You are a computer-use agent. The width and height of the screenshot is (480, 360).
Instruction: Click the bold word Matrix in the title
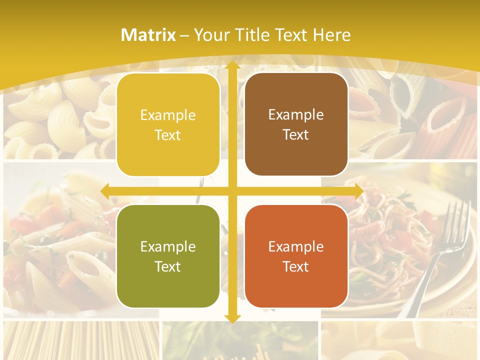click(148, 35)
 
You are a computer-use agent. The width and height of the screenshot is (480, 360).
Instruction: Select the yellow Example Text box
click(168, 125)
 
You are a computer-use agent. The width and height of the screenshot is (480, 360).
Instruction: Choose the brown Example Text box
click(296, 124)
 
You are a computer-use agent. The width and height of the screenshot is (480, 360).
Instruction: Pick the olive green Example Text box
click(168, 256)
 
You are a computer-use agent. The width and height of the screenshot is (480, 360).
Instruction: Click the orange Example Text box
click(296, 256)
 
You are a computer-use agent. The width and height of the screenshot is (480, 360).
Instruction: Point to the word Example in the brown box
click(296, 115)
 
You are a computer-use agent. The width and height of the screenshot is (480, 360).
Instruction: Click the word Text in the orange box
click(296, 266)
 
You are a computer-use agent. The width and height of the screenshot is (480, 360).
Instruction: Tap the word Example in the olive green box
click(168, 246)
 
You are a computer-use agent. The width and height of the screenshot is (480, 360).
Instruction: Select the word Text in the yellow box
click(168, 135)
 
